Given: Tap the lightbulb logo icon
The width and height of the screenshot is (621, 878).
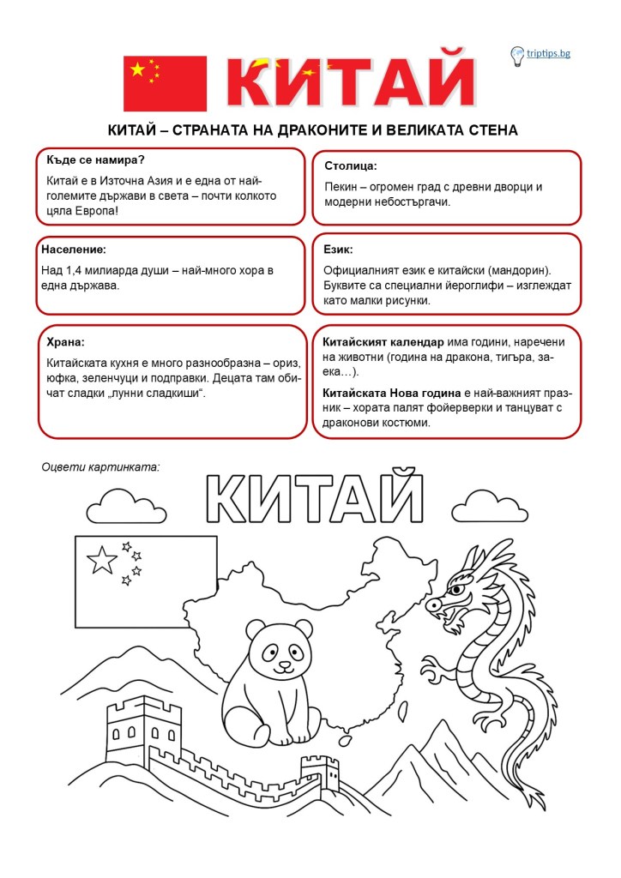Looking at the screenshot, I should coord(517,56).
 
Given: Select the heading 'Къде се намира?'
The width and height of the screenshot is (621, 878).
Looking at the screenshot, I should coord(95,159).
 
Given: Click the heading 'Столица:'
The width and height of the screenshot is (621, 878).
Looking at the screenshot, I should coord(351,165).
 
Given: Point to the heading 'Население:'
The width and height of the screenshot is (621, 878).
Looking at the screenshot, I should coord(74,250).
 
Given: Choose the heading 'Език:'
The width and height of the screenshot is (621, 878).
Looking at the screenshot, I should coord(338,250).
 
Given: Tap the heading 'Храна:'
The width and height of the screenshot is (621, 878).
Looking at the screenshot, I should coord(65,341).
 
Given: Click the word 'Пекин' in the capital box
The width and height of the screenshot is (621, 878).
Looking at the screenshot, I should coord(341,186).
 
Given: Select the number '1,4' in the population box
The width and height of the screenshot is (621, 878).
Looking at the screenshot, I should coord(75,270).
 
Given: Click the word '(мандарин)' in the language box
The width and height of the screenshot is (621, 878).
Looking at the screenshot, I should coord(521,270).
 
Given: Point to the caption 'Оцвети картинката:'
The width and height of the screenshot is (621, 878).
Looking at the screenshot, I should coord(100,467).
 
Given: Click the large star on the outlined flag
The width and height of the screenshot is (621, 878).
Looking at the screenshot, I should coord(102,561).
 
